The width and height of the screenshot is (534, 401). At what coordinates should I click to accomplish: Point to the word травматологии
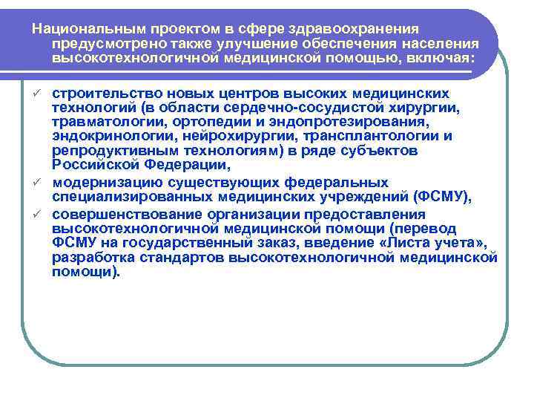coord(103,123)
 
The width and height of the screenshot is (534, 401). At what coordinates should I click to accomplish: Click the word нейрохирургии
coord(223,137)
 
